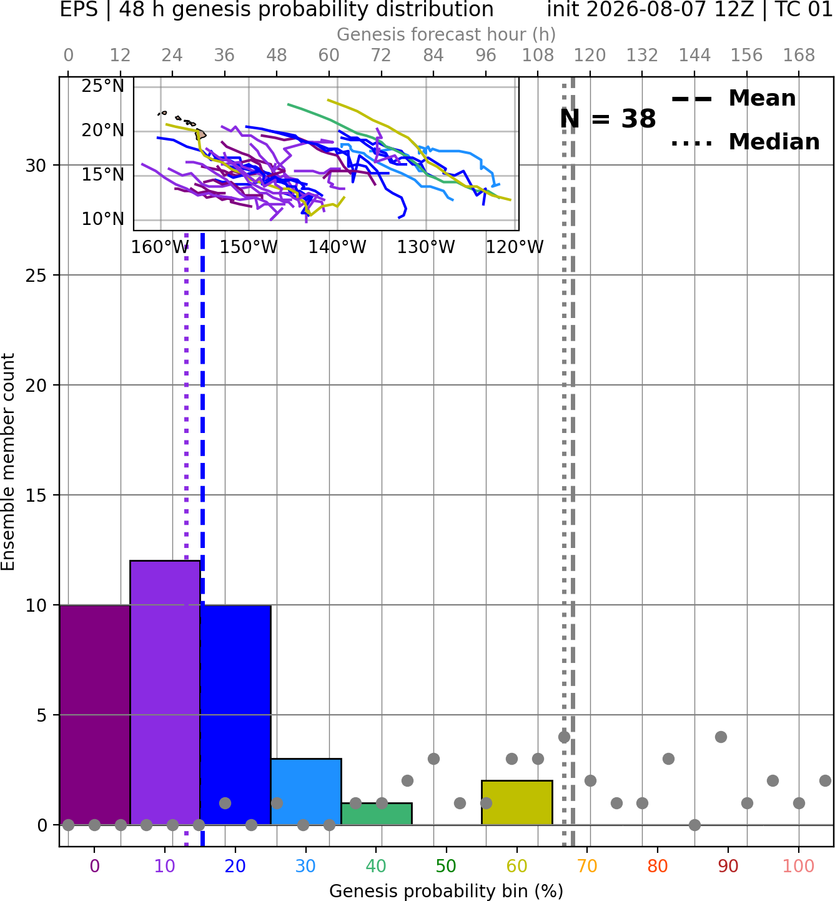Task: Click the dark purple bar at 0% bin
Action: (95, 715)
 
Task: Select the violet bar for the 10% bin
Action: (165, 693)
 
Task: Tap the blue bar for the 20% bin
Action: (235, 715)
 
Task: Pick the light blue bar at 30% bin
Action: (306, 791)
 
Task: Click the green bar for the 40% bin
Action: (377, 814)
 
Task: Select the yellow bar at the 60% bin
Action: (517, 802)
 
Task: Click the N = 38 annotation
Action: (608, 119)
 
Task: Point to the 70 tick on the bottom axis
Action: (587, 866)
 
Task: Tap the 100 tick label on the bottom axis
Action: (799, 866)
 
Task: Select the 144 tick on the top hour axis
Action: (694, 56)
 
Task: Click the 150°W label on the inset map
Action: (249, 247)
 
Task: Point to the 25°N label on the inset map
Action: (102, 86)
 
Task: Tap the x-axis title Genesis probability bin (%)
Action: (447, 891)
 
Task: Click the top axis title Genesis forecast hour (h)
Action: (447, 34)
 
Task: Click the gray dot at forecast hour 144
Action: (694, 825)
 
